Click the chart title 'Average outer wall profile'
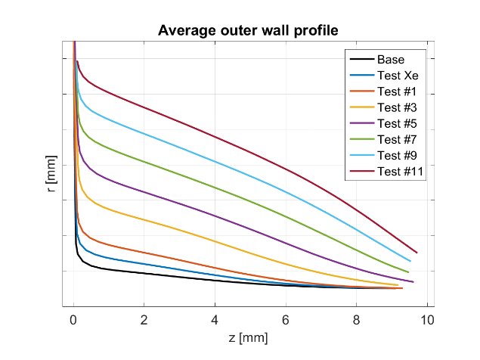click(x=247, y=31)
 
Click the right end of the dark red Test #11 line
click(x=417, y=253)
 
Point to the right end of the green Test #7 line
click(x=408, y=272)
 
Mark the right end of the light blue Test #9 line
click(x=410, y=261)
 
